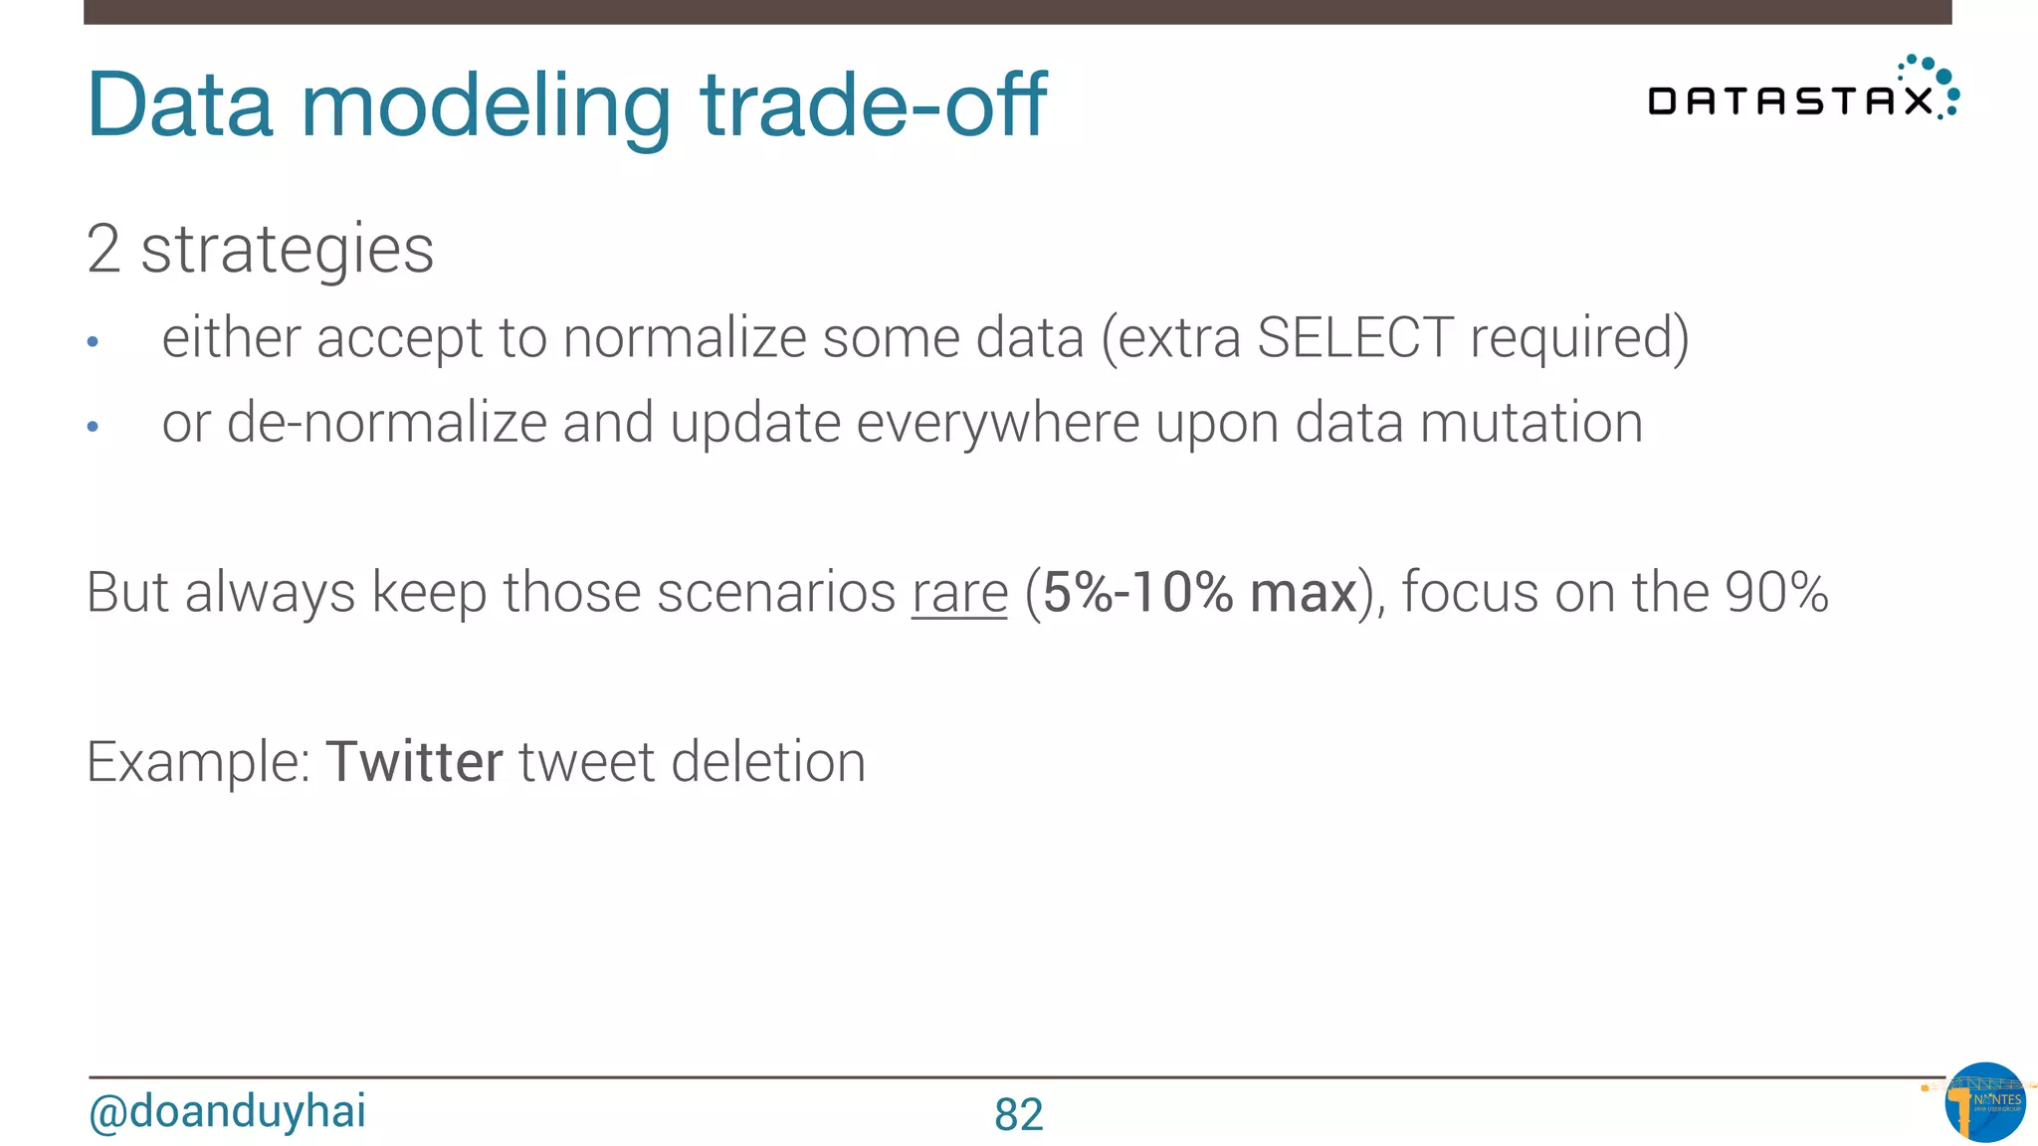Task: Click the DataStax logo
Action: click(x=1802, y=92)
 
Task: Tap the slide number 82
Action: click(x=1018, y=1114)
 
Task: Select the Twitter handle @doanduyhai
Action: click(x=227, y=1111)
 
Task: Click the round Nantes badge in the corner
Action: click(x=1984, y=1102)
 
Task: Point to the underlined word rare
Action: click(x=959, y=594)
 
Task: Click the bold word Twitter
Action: click(x=414, y=762)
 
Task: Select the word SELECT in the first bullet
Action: click(x=1354, y=337)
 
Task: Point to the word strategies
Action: click(x=287, y=250)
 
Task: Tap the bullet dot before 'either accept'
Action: click(x=93, y=342)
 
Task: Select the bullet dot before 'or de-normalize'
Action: click(x=93, y=427)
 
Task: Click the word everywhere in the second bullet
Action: click(x=997, y=423)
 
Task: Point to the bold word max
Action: click(x=1303, y=593)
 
